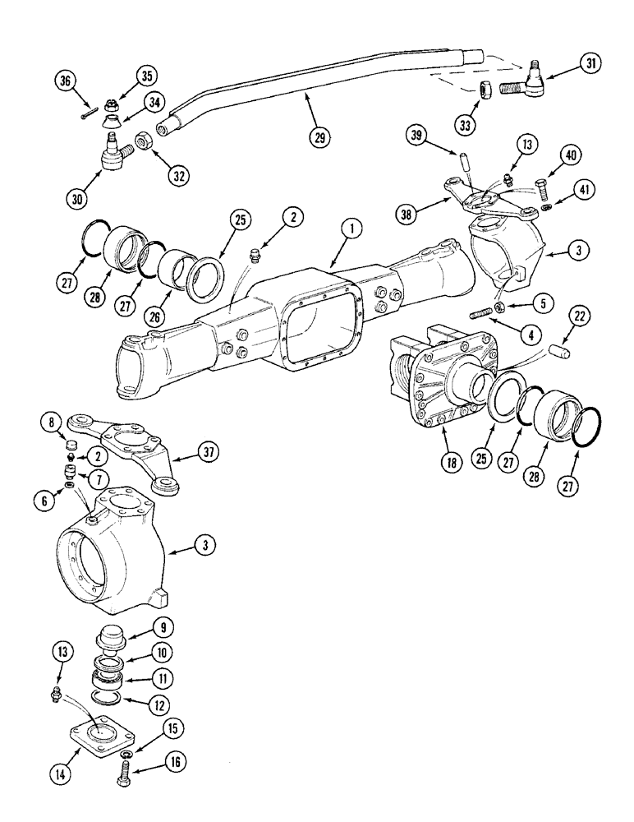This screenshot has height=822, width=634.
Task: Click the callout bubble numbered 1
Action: pyautogui.click(x=351, y=233)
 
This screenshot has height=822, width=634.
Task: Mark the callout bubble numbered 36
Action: pyautogui.click(x=67, y=81)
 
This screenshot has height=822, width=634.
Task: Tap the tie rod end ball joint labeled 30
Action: pyautogui.click(x=113, y=154)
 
